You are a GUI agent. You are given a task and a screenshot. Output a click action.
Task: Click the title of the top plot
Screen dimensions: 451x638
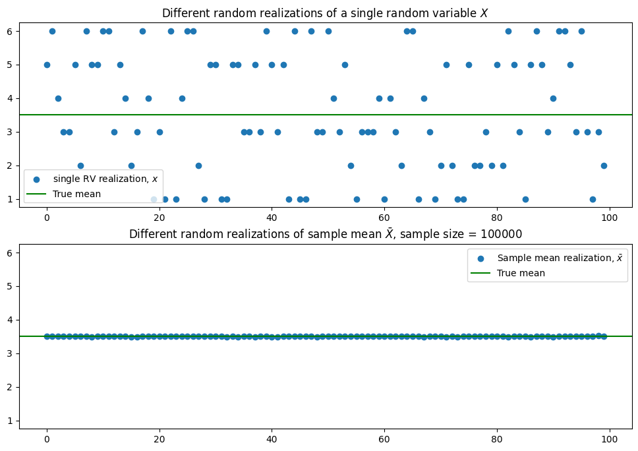[324, 13]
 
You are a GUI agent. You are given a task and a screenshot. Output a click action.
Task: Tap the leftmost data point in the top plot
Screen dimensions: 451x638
[47, 65]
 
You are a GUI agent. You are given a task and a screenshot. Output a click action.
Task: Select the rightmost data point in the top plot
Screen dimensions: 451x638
[604, 165]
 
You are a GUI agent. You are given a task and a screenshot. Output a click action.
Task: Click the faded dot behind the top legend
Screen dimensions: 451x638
[154, 199]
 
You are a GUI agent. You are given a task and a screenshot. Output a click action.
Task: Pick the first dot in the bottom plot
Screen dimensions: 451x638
[47, 336]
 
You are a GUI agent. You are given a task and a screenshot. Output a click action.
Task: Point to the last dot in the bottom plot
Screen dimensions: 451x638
[604, 336]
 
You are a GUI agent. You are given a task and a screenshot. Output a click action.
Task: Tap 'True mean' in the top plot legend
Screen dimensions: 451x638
[77, 194]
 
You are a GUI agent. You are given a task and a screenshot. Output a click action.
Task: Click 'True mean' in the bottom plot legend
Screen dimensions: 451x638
[521, 273]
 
